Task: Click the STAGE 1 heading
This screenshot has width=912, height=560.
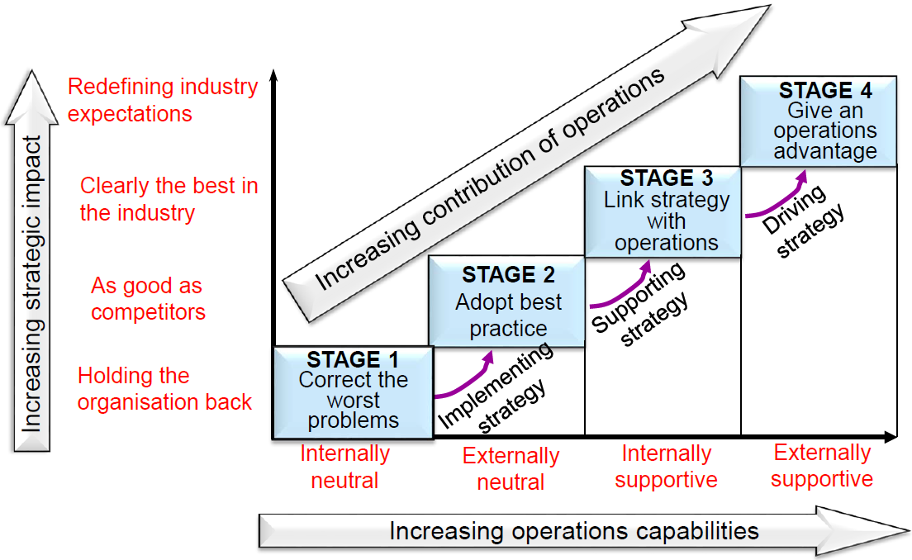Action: click(x=353, y=360)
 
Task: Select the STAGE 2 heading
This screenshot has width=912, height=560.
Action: click(x=508, y=274)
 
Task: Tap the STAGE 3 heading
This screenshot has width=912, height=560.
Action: click(x=667, y=178)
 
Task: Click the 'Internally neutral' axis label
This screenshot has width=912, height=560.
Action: click(x=344, y=467)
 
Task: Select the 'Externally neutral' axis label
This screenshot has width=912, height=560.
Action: click(x=511, y=468)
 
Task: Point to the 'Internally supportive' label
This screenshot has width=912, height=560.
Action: click(x=666, y=467)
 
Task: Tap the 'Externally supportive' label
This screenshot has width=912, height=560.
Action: click(x=822, y=466)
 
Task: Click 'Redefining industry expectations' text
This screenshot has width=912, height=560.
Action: click(x=163, y=100)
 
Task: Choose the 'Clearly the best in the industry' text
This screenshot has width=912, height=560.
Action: click(x=169, y=199)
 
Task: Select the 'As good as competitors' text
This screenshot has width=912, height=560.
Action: click(x=148, y=299)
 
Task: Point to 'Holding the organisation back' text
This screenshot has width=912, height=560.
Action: click(x=164, y=389)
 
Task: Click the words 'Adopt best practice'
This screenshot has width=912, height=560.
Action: click(x=508, y=315)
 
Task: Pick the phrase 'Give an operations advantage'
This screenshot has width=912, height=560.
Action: click(x=825, y=131)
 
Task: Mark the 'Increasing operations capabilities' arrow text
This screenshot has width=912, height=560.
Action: click(x=574, y=530)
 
